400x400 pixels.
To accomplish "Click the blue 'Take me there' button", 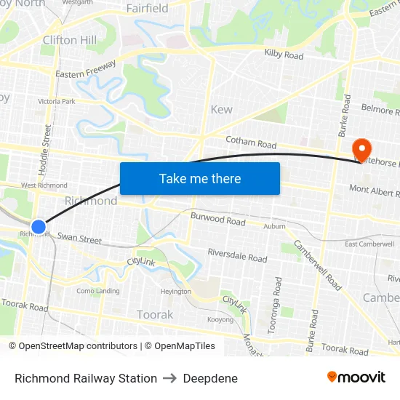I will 200,178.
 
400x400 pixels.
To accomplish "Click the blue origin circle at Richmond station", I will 39,227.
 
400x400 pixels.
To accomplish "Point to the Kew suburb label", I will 221,110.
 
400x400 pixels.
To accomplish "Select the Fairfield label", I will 147,9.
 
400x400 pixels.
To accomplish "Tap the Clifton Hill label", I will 70,40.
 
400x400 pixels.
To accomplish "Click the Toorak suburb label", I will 155,315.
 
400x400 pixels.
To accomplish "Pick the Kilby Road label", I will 284,55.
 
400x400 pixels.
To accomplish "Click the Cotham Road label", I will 251,143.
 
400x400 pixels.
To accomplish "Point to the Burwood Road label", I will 217,219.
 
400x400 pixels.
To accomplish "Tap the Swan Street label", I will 79,239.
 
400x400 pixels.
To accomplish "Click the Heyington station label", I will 175,292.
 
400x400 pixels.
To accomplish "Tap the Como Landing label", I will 98,291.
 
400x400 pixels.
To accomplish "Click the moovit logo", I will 356,377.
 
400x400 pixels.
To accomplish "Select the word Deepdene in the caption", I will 210,378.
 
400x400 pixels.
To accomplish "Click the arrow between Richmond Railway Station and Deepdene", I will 170,378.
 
